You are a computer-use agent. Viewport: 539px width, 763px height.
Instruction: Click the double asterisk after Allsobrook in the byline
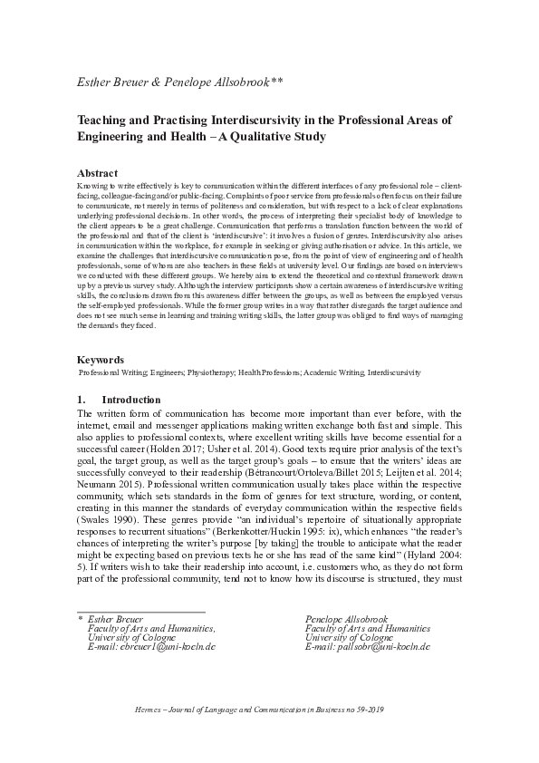tap(277, 82)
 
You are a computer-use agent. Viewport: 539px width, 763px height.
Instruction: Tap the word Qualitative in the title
tap(256, 136)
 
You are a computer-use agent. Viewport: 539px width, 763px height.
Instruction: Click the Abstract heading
tap(98, 172)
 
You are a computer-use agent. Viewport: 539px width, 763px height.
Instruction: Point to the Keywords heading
tap(101, 360)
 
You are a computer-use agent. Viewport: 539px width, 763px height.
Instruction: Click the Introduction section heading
tap(131, 400)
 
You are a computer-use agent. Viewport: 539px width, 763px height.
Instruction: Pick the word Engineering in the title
tap(117, 136)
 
